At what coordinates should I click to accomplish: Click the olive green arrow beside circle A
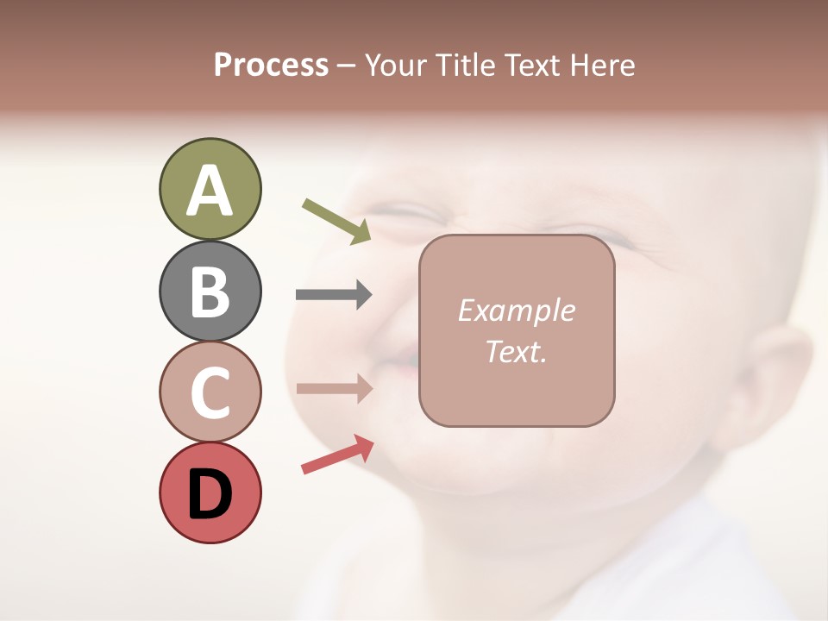pyautogui.click(x=337, y=221)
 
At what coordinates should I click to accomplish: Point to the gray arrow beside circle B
pyautogui.click(x=334, y=294)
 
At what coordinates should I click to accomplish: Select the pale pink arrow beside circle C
pyautogui.click(x=334, y=388)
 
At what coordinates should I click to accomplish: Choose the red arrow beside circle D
pyautogui.click(x=337, y=455)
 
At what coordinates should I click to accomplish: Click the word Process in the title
pyautogui.click(x=271, y=65)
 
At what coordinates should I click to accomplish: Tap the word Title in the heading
pyautogui.click(x=460, y=65)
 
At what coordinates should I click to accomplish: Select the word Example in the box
pyautogui.click(x=516, y=310)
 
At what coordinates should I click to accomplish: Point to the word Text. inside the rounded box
pyautogui.click(x=516, y=351)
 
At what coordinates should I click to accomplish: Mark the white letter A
pyautogui.click(x=210, y=191)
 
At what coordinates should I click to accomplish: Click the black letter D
pyautogui.click(x=210, y=494)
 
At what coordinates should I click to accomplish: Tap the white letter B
pyautogui.click(x=210, y=292)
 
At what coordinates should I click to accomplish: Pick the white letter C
pyautogui.click(x=210, y=393)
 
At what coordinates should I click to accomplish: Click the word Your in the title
pyautogui.click(x=393, y=65)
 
